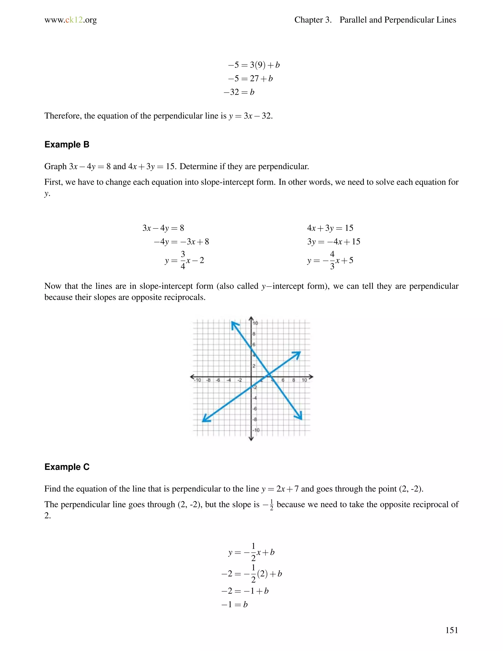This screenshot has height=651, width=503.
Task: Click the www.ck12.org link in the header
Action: point(71,20)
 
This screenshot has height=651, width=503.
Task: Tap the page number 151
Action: point(451,630)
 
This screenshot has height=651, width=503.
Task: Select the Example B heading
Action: point(67,144)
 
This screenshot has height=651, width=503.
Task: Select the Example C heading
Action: point(67,467)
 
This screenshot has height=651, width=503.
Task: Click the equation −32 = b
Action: point(239,92)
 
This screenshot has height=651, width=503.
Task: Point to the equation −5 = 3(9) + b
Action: point(253,65)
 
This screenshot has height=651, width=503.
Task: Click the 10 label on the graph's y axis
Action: point(255,323)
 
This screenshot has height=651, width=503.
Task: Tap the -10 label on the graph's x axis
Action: point(197,380)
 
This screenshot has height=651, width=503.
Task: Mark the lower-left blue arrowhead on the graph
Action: point(206,419)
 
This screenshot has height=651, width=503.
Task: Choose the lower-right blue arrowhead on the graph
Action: point(299,416)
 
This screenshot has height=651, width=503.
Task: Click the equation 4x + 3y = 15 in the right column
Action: point(330,228)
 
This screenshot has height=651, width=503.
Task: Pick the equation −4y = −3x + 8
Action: point(181,241)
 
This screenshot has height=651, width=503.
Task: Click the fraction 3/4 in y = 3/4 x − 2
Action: point(183,260)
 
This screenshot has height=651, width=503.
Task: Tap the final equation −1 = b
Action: point(235,605)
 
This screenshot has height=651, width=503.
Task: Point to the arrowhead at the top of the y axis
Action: point(251,318)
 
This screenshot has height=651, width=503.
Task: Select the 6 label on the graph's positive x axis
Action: point(283,380)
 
